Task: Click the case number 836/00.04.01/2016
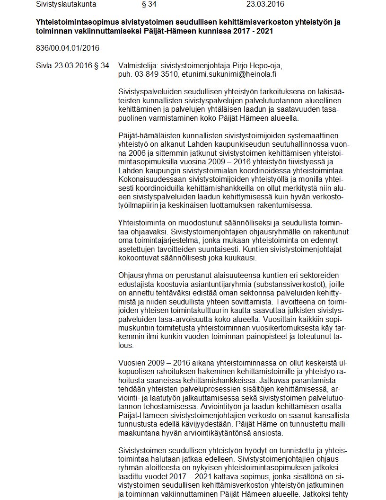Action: (x=67, y=48)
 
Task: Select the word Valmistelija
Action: (x=138, y=65)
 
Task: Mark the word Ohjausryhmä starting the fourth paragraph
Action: (x=140, y=276)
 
